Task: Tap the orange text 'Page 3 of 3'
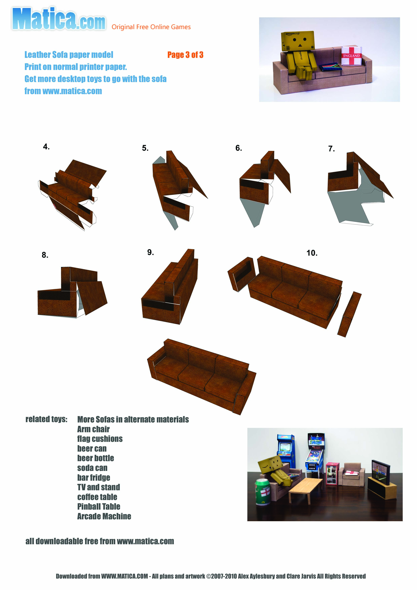(185, 55)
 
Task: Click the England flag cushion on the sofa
(351, 56)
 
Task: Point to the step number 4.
(46, 147)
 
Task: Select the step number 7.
(331, 149)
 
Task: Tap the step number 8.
(45, 255)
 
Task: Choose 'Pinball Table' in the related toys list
(99, 506)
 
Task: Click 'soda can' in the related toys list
(92, 468)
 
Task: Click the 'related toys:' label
(47, 419)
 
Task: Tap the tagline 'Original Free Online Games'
(151, 27)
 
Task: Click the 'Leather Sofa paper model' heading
(69, 55)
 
